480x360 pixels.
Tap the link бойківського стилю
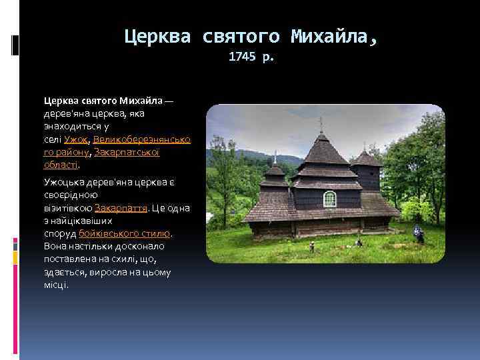(x=125, y=233)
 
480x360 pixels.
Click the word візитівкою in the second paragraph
(x=68, y=208)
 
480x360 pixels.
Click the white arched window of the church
(x=329, y=198)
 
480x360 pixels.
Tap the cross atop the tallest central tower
(x=321, y=123)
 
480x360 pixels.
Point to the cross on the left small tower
(x=275, y=156)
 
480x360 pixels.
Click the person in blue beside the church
(x=419, y=233)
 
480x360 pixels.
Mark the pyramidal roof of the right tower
(x=365, y=158)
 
